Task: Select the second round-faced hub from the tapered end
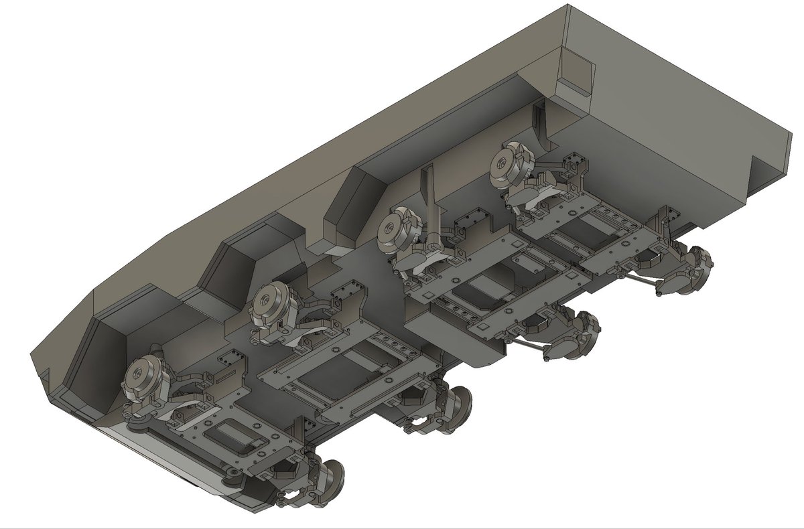tap(270, 302)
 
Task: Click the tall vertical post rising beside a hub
tap(429, 201)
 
